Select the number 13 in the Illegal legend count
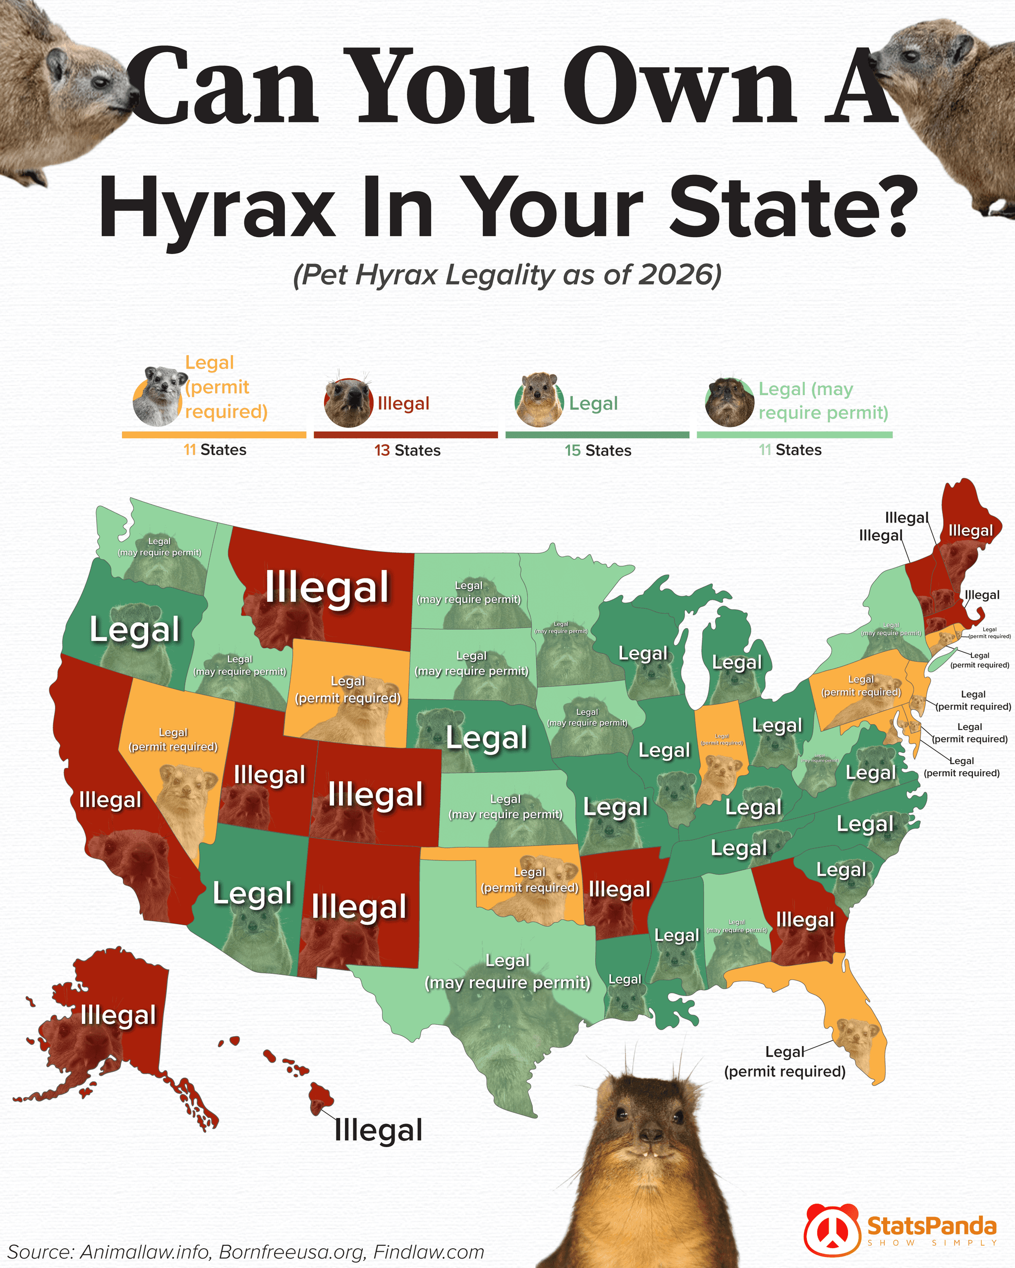pos(382,451)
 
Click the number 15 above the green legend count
pos(572,451)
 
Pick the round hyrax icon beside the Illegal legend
pos(348,403)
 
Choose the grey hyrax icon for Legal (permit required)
pos(156,395)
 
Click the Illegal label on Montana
pos(327,587)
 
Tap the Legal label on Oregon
pos(134,630)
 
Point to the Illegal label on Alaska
pos(117,1015)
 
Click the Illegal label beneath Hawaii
pos(378,1130)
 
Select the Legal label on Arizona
pos(252,894)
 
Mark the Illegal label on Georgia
pos(804,919)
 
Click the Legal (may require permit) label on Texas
pos(507,972)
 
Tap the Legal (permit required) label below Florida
pos(785,1061)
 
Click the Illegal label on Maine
pos(970,531)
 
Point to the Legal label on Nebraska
pos(487,738)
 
